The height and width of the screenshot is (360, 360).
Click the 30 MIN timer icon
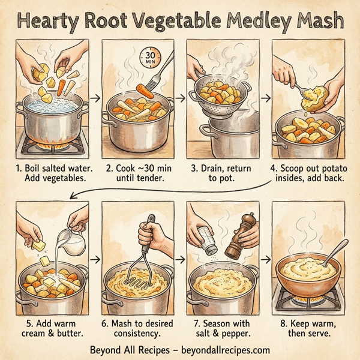[149, 58]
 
